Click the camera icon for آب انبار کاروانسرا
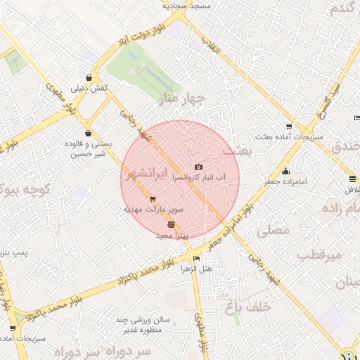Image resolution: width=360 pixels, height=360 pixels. click(x=198, y=167)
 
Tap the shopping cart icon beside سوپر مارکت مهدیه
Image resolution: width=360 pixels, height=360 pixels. click(x=153, y=199)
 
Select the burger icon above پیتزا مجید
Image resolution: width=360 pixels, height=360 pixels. click(x=172, y=224)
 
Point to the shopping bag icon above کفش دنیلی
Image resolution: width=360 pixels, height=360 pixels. click(x=89, y=78)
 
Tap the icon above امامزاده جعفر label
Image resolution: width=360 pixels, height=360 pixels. click(x=285, y=171)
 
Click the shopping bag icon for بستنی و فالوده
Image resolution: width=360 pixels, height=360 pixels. click(x=87, y=132)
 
